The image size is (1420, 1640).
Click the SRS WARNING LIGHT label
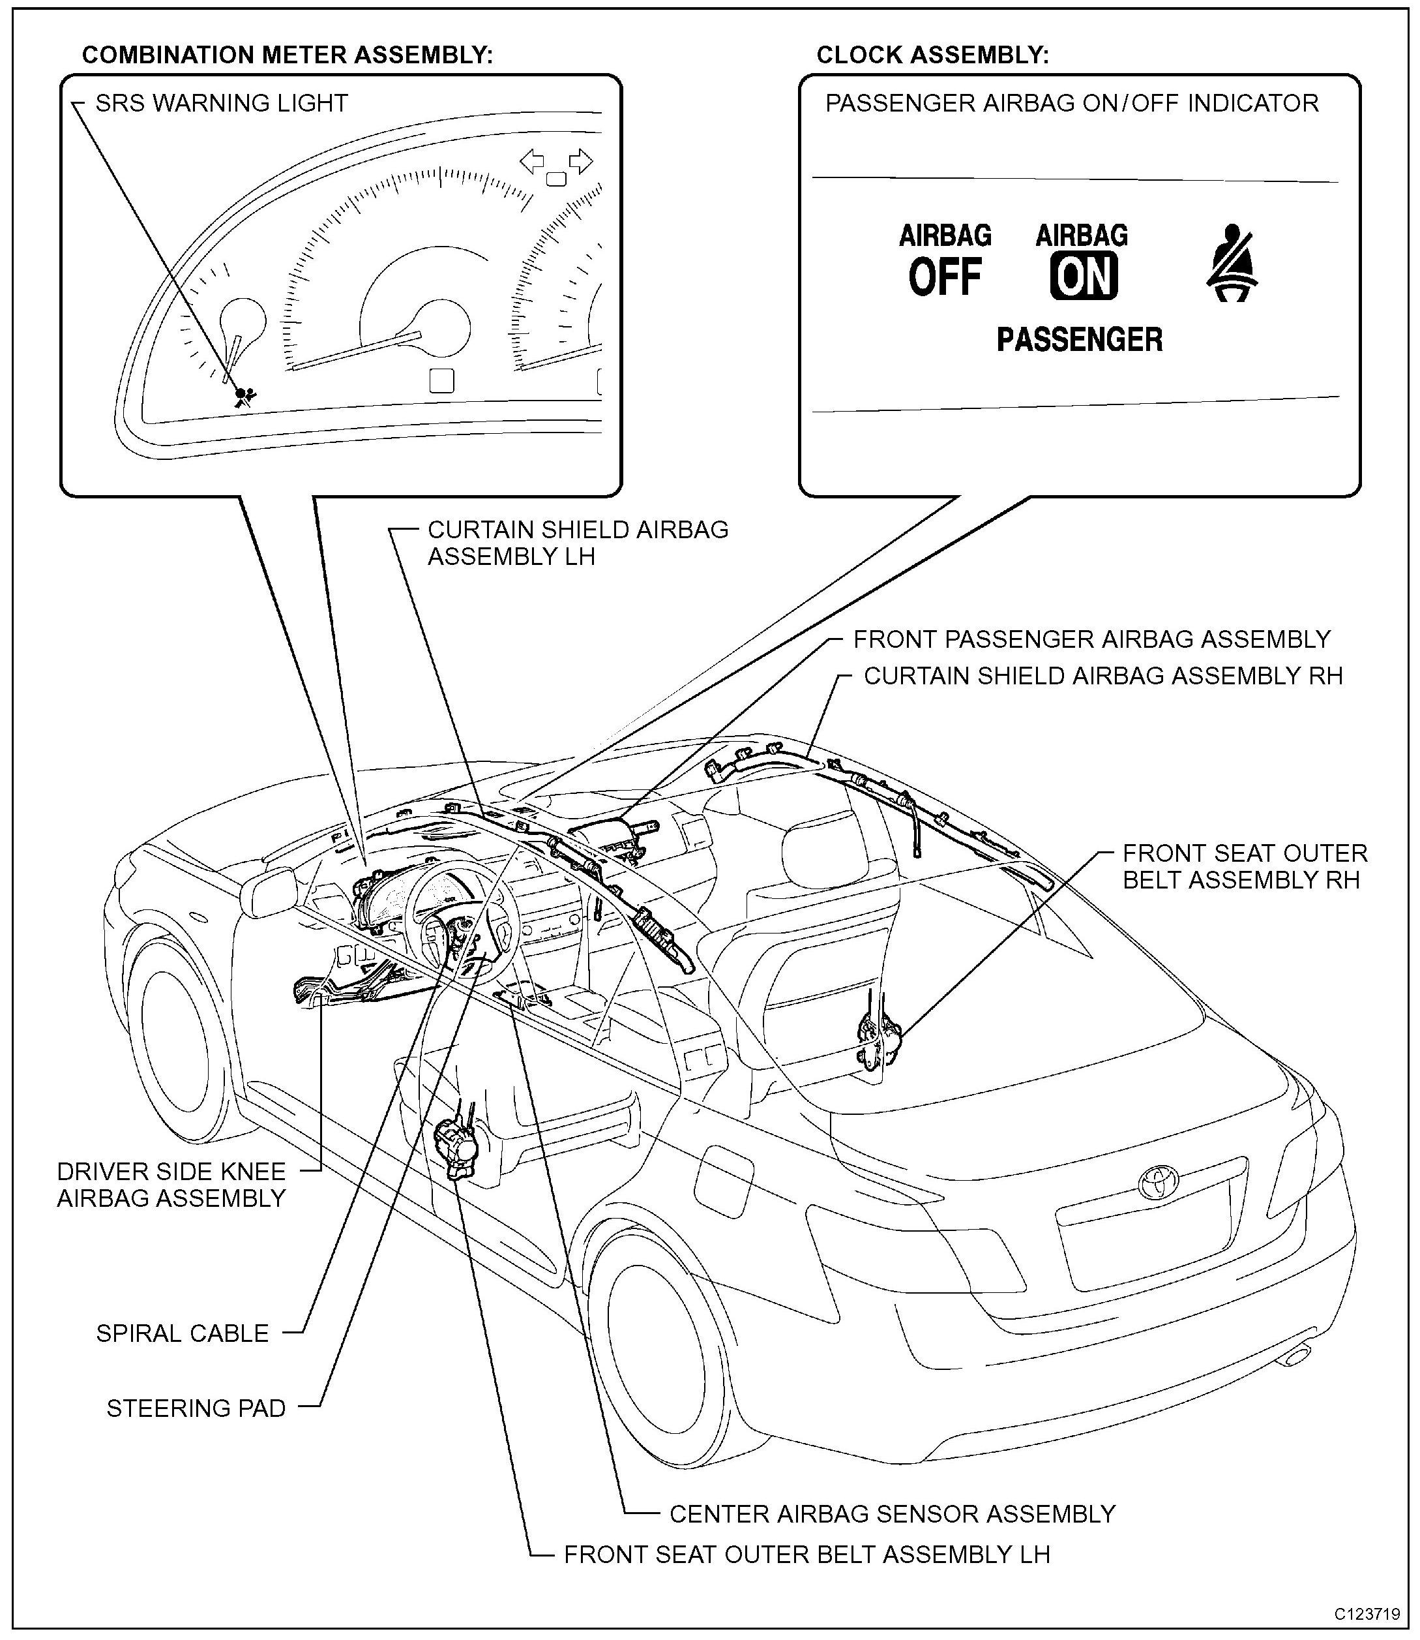[221, 103]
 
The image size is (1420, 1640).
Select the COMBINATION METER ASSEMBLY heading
[287, 55]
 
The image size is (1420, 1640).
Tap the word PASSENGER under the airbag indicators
[1079, 339]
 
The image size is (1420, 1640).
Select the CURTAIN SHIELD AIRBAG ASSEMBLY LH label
[577, 543]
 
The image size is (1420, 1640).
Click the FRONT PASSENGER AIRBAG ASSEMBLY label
[1091, 639]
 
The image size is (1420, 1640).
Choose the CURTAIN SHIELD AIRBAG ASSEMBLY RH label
[1103, 675]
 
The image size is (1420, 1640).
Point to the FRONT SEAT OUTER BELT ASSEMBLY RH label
[1244, 866]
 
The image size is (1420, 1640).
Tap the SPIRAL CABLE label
[183, 1333]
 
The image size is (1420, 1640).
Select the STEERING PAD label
[196, 1408]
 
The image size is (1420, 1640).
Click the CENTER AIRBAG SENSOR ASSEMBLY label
[893, 1514]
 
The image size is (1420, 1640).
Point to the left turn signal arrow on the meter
[532, 162]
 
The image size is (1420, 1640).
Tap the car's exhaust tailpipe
[1296, 1357]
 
